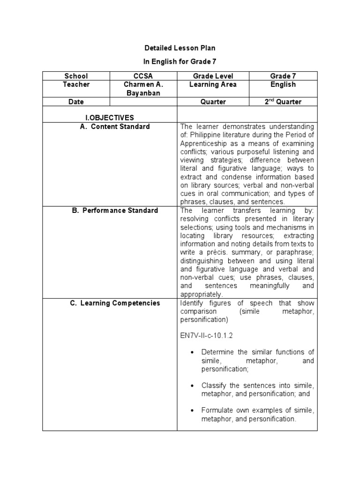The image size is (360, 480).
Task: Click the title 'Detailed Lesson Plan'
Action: (180, 48)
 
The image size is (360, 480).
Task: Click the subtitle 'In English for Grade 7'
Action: (180, 61)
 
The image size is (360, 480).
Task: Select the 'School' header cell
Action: (76, 76)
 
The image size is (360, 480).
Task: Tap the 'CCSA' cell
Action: (143, 76)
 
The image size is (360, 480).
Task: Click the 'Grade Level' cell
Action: (213, 76)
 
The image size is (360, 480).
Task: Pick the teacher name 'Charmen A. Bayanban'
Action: (143, 89)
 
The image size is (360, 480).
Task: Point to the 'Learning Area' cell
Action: (213, 85)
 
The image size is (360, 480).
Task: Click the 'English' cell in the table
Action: (283, 85)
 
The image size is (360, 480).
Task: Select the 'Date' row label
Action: (76, 102)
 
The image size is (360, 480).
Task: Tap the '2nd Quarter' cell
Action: (283, 102)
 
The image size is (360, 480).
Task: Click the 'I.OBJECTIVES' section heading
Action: (110, 118)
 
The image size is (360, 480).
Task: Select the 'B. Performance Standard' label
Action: (115, 210)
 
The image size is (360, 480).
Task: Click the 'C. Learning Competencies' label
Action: (115, 303)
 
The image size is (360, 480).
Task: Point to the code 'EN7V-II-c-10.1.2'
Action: (207, 336)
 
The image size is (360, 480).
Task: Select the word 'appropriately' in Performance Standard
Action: (201, 294)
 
